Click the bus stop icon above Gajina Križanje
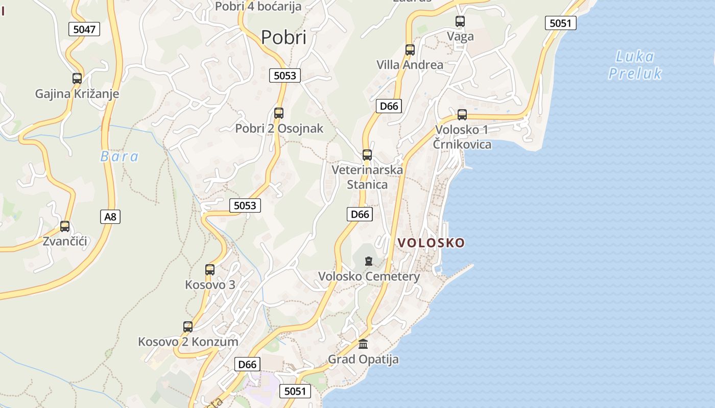(77, 79)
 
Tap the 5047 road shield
(84, 29)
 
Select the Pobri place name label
(283, 37)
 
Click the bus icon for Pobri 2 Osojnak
(279, 113)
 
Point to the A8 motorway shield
(110, 217)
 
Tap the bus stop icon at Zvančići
(65, 226)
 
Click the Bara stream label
(120, 157)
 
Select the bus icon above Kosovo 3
(210, 270)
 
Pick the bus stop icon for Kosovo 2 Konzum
(188, 327)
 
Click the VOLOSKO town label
(432, 243)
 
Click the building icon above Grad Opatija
(363, 344)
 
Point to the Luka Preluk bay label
(635, 65)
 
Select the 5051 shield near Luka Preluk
(560, 23)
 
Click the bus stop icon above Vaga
(460, 21)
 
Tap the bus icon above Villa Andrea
(410, 50)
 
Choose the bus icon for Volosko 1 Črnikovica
(462, 115)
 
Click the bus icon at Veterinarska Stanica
(367, 155)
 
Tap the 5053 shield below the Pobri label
(285, 75)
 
